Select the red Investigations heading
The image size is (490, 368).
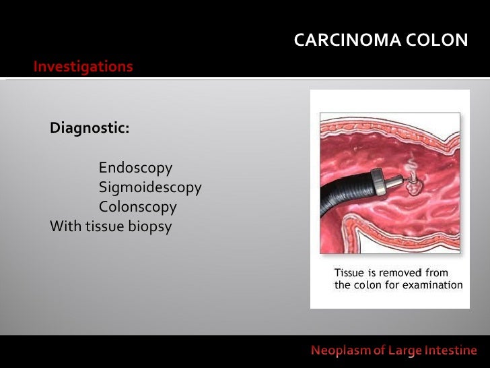(x=83, y=67)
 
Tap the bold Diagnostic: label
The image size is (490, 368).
(x=90, y=128)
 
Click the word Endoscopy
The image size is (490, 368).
(x=135, y=168)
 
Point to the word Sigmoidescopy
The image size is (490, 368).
(x=150, y=187)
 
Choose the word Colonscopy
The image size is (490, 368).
(x=138, y=207)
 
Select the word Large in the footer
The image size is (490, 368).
(x=403, y=350)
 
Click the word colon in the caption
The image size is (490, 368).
(x=367, y=285)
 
